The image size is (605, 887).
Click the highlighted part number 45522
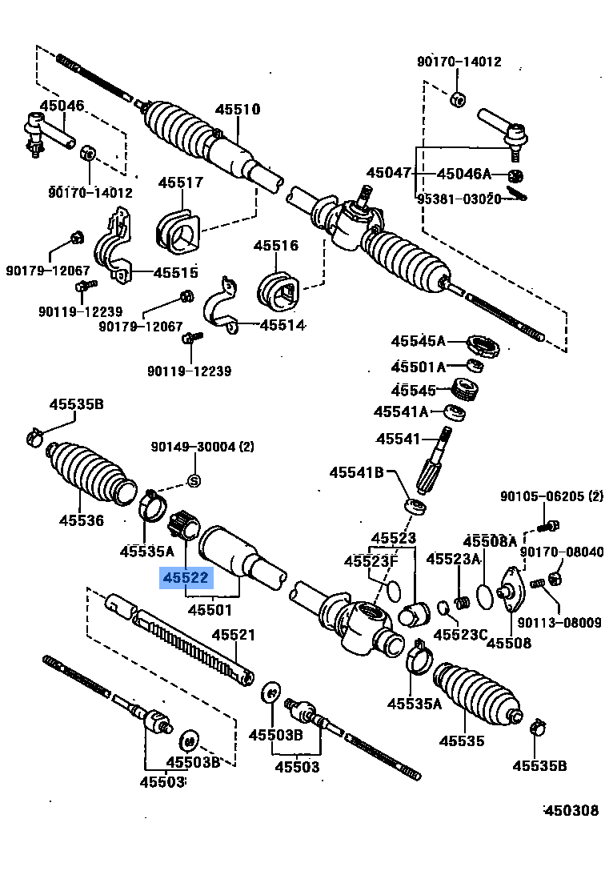pos(186,578)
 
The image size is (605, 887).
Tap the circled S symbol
pos(193,480)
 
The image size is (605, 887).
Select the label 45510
pos(237,110)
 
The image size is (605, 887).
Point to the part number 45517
pos(180,183)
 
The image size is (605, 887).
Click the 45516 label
pos(276,246)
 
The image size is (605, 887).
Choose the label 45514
pos(282,325)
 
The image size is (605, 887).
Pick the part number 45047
pos(389,173)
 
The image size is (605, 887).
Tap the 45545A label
pos(418,341)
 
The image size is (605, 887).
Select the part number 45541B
pos(357,472)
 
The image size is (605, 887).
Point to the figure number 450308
pos(571,810)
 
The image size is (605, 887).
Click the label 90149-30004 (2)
pos(203,447)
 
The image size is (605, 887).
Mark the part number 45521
pos(233,636)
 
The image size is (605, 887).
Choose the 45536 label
pos(81,520)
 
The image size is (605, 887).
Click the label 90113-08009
pos(559,622)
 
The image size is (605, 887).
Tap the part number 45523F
pos(371,561)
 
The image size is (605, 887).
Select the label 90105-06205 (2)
pos(551,496)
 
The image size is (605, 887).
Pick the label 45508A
pos(490,543)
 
